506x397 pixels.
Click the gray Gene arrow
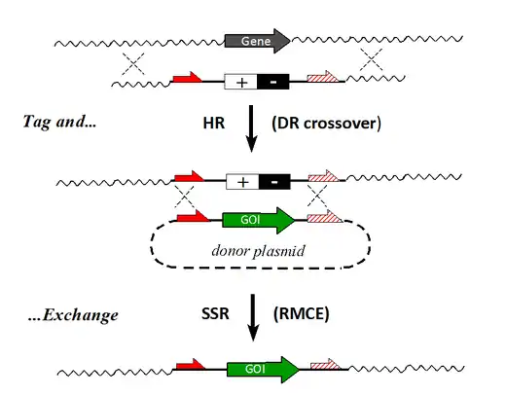(x=257, y=41)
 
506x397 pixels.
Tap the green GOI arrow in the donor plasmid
(x=259, y=220)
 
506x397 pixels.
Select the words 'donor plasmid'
(x=258, y=251)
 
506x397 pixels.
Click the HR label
(x=214, y=124)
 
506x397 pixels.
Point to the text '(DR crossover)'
(x=326, y=124)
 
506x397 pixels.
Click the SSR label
(x=215, y=313)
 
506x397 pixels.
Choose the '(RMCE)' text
(x=302, y=314)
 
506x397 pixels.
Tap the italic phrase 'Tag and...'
(x=59, y=122)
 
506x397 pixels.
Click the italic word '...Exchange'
(x=73, y=315)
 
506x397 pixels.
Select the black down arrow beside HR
(x=251, y=128)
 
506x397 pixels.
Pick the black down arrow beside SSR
(x=253, y=318)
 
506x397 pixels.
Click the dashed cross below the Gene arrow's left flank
(x=133, y=63)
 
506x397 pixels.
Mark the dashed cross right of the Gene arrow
(x=372, y=59)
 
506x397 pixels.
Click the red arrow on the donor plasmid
(x=193, y=216)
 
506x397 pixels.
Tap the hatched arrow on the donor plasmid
(x=324, y=216)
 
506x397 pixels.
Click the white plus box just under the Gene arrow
(x=241, y=82)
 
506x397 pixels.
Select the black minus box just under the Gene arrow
(x=273, y=82)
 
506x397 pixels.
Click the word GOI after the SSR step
(x=255, y=369)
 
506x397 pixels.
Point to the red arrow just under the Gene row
(x=187, y=77)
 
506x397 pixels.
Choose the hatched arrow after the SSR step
(x=325, y=365)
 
